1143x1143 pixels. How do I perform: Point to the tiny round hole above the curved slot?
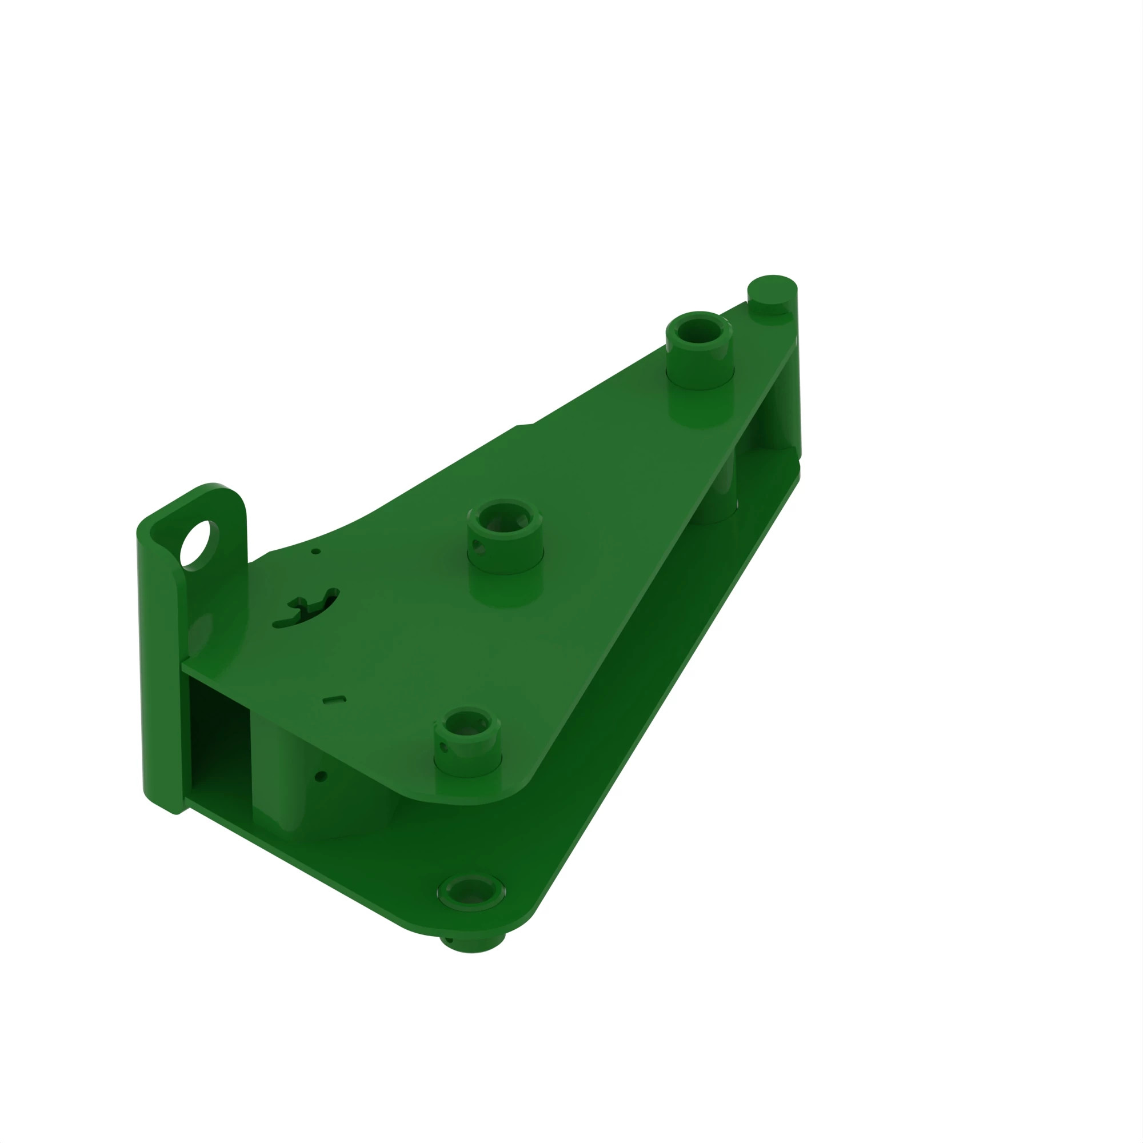pos(316,551)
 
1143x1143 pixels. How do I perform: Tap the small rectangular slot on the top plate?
pos(334,700)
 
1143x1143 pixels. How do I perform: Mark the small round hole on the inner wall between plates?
pos(321,776)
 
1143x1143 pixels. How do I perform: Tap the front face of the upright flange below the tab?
pos(160,680)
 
